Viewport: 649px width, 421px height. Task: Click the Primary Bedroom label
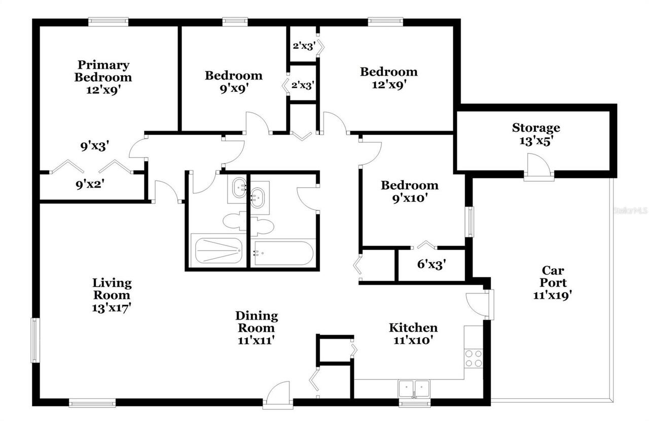(103, 71)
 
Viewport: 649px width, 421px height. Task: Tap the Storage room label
(535, 128)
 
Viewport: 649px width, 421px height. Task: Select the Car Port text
(553, 276)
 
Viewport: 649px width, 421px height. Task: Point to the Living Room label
(112, 289)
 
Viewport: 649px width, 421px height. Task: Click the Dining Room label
(257, 322)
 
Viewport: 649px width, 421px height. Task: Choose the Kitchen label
(413, 328)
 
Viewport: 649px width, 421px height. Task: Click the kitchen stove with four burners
(474, 359)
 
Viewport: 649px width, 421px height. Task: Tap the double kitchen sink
(414, 389)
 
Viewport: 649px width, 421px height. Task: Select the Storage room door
(538, 168)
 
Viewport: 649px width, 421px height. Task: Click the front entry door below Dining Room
(277, 396)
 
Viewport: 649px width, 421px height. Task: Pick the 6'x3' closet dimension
(431, 264)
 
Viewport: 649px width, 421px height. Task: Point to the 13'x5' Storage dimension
(535, 141)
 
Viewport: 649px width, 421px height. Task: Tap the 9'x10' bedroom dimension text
(409, 199)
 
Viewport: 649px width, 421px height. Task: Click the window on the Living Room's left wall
(35, 340)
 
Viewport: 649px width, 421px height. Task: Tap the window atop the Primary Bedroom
(108, 21)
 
